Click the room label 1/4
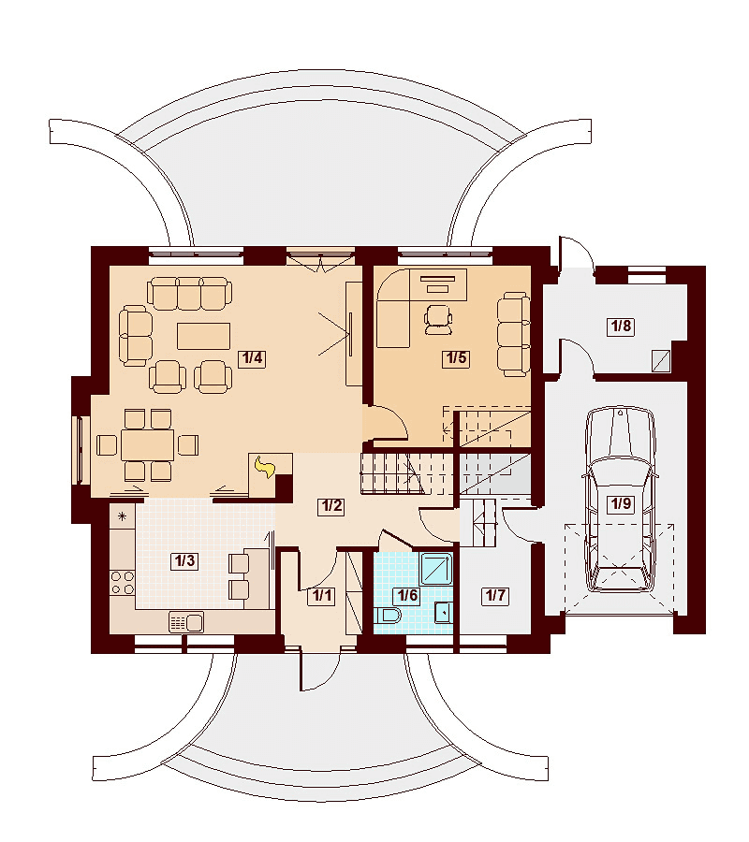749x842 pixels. pos(253,358)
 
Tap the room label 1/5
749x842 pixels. pos(456,358)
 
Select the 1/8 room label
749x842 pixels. pos(621,326)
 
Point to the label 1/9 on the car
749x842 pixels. pos(621,503)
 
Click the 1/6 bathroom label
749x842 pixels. pos(406,596)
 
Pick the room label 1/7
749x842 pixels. pos(495,596)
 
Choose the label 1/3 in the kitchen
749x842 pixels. pos(184,561)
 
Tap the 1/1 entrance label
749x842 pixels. pos(322,596)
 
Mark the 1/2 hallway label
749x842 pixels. pos(331,506)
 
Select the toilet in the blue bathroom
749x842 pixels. pos(389,616)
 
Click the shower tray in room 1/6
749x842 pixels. pos(436,569)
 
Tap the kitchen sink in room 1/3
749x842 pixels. pos(186,622)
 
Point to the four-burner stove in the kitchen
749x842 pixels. pos(123,583)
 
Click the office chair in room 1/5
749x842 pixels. pos(438,320)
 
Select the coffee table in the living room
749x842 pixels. pos(204,336)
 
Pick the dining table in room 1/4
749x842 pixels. pos(148,444)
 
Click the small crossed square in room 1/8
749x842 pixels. pos(661,361)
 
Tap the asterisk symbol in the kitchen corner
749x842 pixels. pos(122,517)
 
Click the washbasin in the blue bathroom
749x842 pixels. pos(443,612)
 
